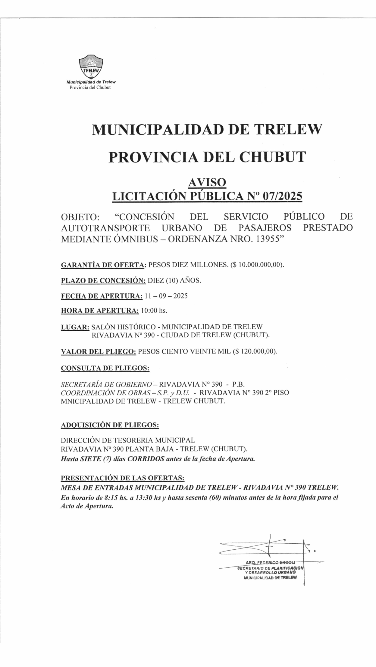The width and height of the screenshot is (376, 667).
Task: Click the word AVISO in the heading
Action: [207, 182]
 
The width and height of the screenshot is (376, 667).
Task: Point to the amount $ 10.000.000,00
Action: [258, 265]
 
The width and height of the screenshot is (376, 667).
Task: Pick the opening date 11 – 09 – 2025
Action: [166, 296]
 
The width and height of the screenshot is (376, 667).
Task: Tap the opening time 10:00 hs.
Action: [156, 310]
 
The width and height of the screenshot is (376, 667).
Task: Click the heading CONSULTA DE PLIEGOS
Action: [105, 368]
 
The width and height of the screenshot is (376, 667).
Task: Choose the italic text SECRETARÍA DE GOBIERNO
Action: [106, 384]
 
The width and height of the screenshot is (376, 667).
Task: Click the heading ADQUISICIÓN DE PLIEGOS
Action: [110, 425]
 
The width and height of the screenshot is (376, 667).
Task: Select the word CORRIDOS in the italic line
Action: [146, 459]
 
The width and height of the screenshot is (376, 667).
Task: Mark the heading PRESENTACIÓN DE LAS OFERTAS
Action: [123, 478]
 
